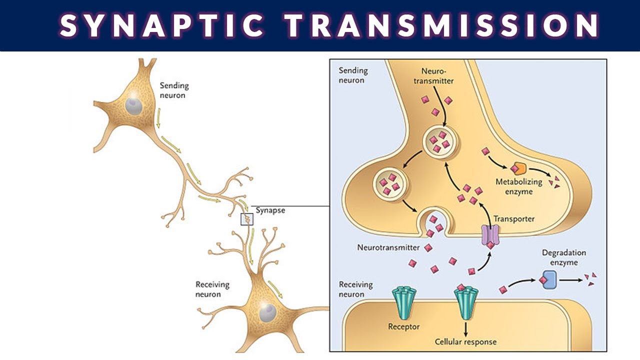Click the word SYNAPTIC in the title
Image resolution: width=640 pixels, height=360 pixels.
[x=162, y=25]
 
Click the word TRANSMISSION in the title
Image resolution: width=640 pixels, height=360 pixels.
[x=442, y=25]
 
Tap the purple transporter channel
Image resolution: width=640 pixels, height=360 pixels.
[x=490, y=234]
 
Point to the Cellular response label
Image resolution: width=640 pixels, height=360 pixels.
[x=465, y=342]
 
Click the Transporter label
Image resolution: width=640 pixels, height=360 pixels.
[x=513, y=218]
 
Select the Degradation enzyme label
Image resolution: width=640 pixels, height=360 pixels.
[x=563, y=257]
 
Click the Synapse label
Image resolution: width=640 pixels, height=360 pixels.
[x=270, y=210]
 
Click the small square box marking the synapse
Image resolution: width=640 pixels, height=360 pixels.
[x=247, y=219]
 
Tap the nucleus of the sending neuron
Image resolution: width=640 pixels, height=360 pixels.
[x=133, y=105]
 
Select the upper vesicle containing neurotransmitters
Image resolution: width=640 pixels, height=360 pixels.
[x=438, y=141]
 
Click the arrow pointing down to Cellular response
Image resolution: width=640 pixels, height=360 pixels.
[x=465, y=328]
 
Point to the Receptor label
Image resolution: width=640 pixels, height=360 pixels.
[x=403, y=327]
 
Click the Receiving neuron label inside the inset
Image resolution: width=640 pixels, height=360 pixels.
[x=356, y=289]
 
